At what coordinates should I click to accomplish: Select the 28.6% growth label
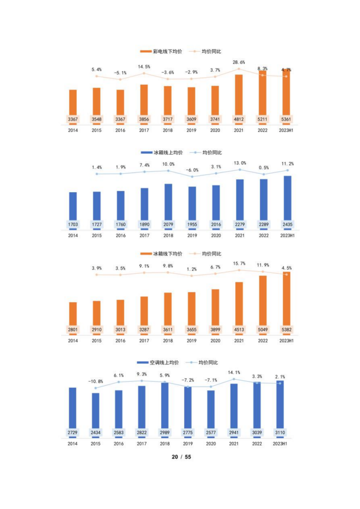[x=239, y=62]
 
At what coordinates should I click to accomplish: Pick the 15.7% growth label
[x=239, y=263]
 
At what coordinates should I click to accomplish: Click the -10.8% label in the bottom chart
[x=95, y=381]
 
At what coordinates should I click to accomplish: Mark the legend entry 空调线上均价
[x=160, y=362]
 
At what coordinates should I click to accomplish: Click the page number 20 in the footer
[x=174, y=457]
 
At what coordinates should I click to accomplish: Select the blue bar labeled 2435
[x=287, y=200]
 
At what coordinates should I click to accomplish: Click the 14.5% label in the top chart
[x=143, y=67]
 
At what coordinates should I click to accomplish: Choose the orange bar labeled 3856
[x=144, y=101]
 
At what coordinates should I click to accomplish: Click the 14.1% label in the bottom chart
[x=234, y=373]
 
